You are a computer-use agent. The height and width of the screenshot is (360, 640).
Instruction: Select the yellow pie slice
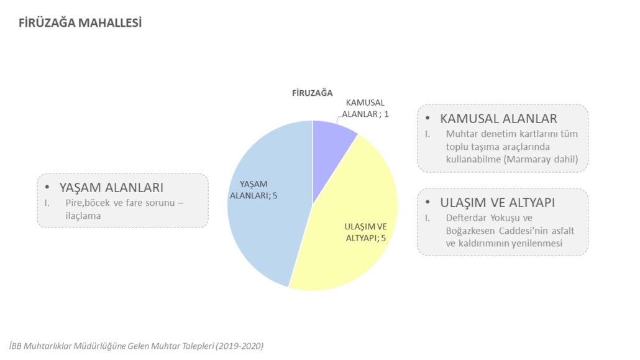pyautogui.click(x=351, y=229)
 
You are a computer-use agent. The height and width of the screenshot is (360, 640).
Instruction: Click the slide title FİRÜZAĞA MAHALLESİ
pyautogui.click(x=80, y=23)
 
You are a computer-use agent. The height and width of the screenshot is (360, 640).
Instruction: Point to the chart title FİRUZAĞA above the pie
pyautogui.click(x=313, y=93)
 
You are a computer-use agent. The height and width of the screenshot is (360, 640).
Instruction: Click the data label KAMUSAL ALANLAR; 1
pyautogui.click(x=365, y=108)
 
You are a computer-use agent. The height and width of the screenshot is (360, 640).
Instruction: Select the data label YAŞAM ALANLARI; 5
pyautogui.click(x=254, y=190)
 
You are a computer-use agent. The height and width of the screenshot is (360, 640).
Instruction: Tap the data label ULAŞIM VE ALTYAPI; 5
pyautogui.click(x=366, y=232)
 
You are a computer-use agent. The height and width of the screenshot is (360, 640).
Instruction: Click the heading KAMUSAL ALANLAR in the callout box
pyautogui.click(x=498, y=119)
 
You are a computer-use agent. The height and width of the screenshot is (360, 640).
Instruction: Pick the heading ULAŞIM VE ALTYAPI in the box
pyautogui.click(x=497, y=202)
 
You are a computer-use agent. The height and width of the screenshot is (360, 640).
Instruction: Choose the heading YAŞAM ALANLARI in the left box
pyautogui.click(x=111, y=188)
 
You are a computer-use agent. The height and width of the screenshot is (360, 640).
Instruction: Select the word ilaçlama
pyautogui.click(x=83, y=216)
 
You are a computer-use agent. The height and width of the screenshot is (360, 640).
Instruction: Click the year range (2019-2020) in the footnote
pyautogui.click(x=240, y=346)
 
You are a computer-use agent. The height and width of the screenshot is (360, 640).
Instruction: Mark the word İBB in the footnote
pyautogui.click(x=15, y=346)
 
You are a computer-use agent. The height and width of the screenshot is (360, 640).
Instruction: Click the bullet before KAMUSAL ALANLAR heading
pyautogui.click(x=427, y=119)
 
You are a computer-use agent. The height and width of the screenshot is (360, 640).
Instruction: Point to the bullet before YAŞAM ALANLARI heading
pyautogui.click(x=47, y=188)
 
